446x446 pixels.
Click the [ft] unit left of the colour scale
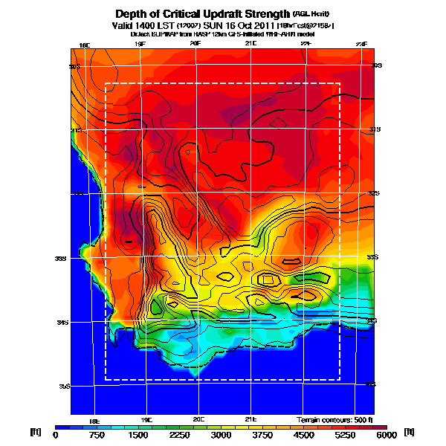point(35,432)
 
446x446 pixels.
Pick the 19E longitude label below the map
point(146,420)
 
